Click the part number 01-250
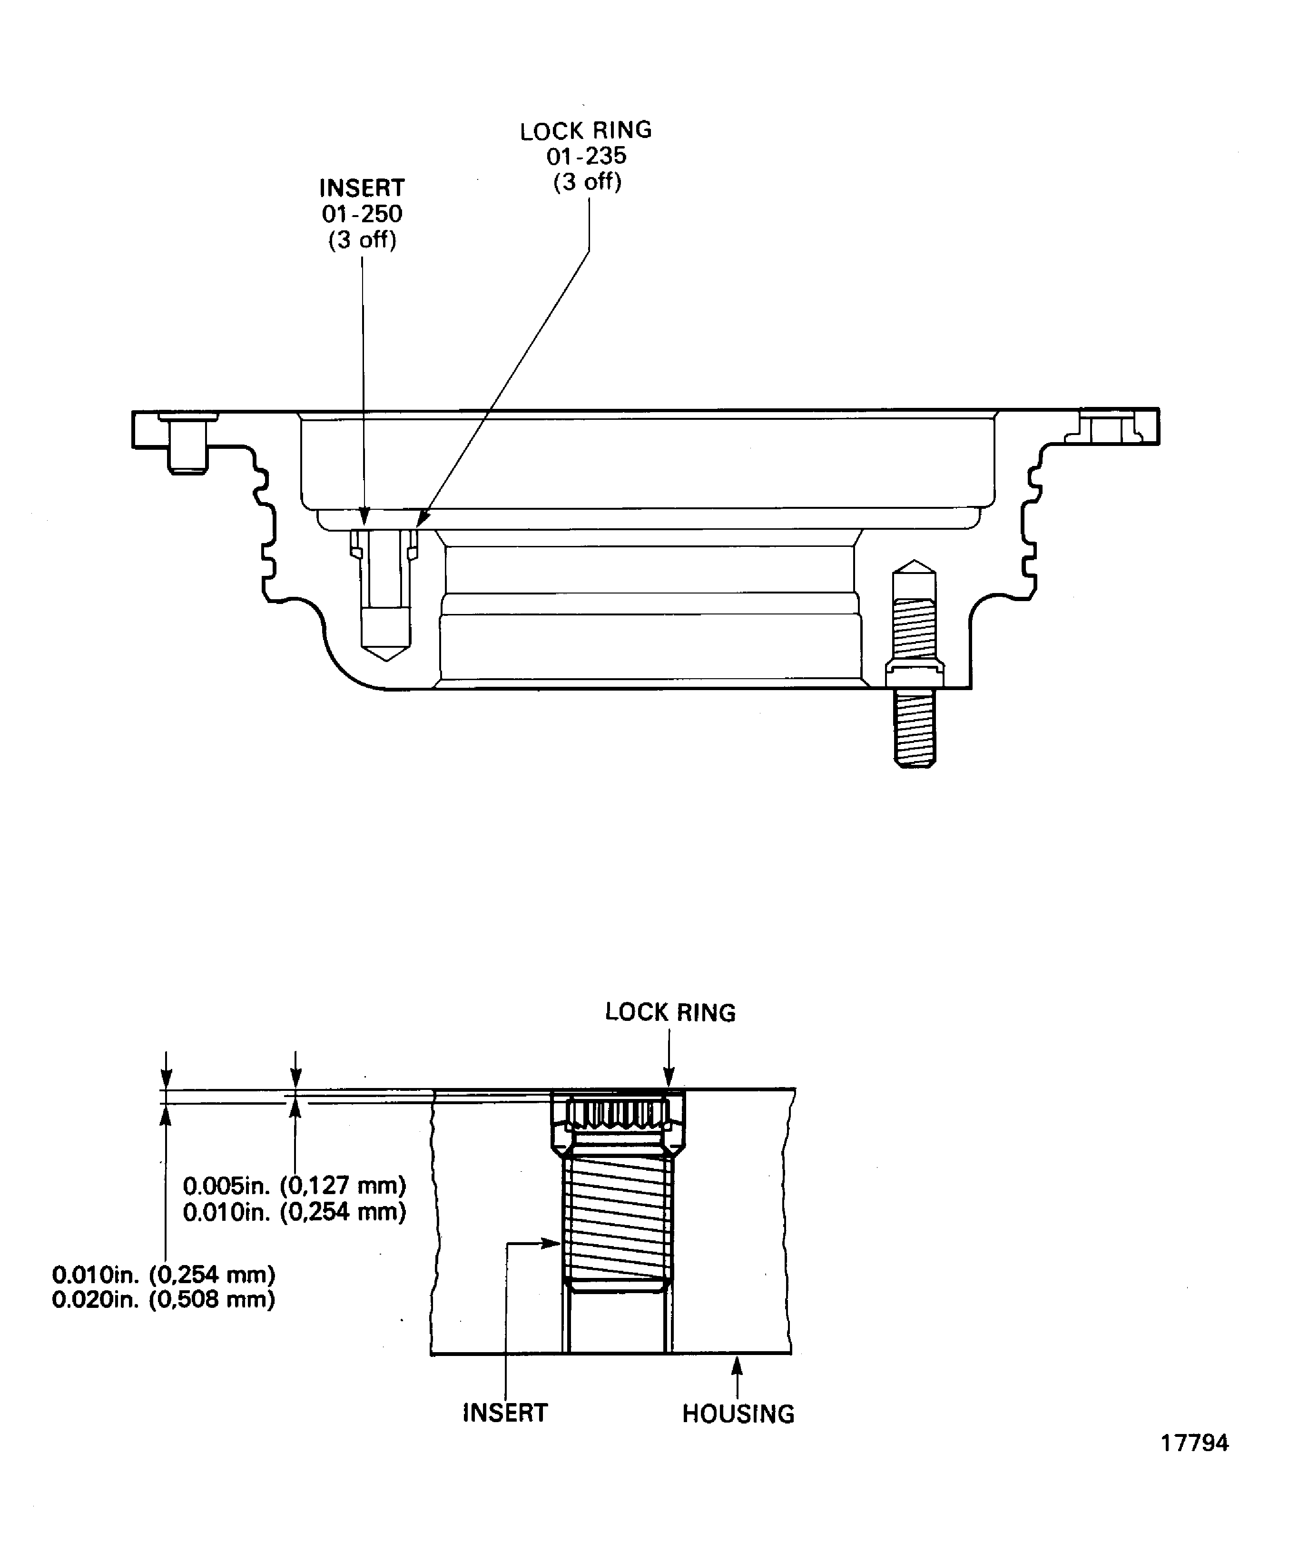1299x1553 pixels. coord(362,215)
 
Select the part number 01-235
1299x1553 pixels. coord(586,156)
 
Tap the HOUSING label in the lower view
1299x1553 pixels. coord(738,1414)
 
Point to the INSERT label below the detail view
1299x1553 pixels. coord(505,1413)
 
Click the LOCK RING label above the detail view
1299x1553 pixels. coord(670,1012)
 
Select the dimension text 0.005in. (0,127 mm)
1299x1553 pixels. coord(294,1186)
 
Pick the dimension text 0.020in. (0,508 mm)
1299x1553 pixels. coord(163,1299)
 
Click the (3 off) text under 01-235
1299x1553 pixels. coord(588,182)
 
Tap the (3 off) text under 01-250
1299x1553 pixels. coord(362,240)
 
